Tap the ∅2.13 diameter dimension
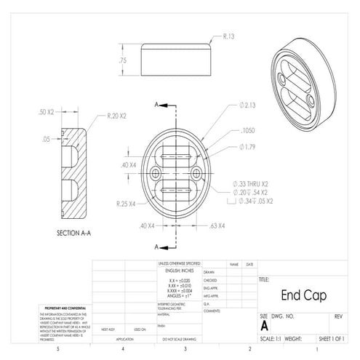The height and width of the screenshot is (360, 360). coord(247,106)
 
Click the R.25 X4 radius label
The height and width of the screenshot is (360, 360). coord(126,204)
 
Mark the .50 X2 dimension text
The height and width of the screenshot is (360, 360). coord(46,112)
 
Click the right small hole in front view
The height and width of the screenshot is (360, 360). coord(197,174)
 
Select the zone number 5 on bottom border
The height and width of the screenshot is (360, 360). coord(57,350)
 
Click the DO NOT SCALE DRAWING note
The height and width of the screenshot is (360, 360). coord(180,339)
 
